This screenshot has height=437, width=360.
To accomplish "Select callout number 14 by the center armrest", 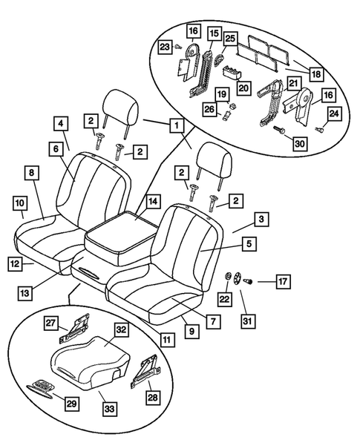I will point(153,200).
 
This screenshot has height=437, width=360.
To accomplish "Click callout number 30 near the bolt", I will point(300,145).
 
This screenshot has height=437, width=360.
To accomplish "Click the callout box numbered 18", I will point(315,74).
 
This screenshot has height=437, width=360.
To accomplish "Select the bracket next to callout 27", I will point(78,326).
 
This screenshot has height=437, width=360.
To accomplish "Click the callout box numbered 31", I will point(246,321).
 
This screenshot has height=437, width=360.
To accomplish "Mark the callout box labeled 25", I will point(230,37).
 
